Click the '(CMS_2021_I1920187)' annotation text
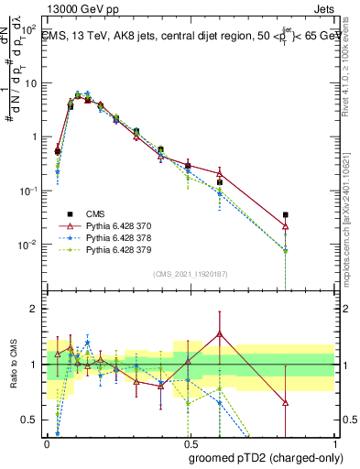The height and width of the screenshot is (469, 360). [191, 272]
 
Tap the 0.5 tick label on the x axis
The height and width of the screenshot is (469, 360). [190, 443]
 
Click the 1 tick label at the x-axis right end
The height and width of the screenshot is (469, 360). [334, 443]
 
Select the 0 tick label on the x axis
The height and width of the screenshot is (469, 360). [46, 443]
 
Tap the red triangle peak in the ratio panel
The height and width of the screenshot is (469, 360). [220, 333]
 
